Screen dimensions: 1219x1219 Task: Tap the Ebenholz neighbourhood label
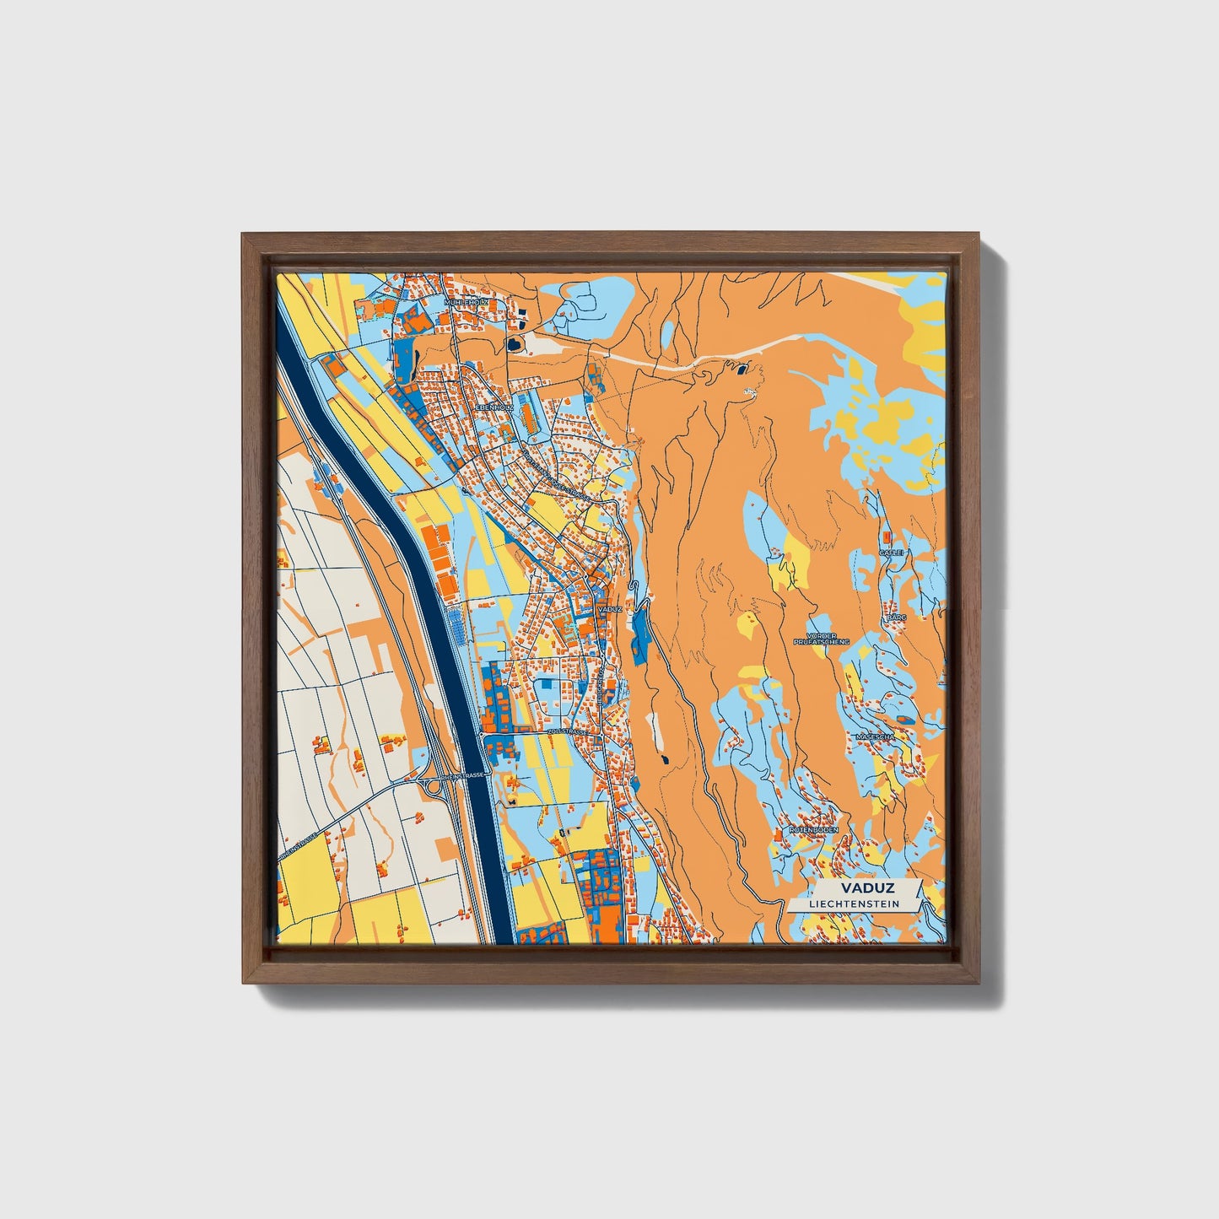coord(495,407)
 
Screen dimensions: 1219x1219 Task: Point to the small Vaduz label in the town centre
coord(608,608)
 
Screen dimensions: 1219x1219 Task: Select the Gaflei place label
coord(892,552)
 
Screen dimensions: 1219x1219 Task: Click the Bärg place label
coord(895,618)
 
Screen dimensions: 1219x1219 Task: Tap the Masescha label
coord(874,736)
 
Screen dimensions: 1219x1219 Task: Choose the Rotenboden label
coord(813,830)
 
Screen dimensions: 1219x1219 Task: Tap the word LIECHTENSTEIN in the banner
coord(854,904)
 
